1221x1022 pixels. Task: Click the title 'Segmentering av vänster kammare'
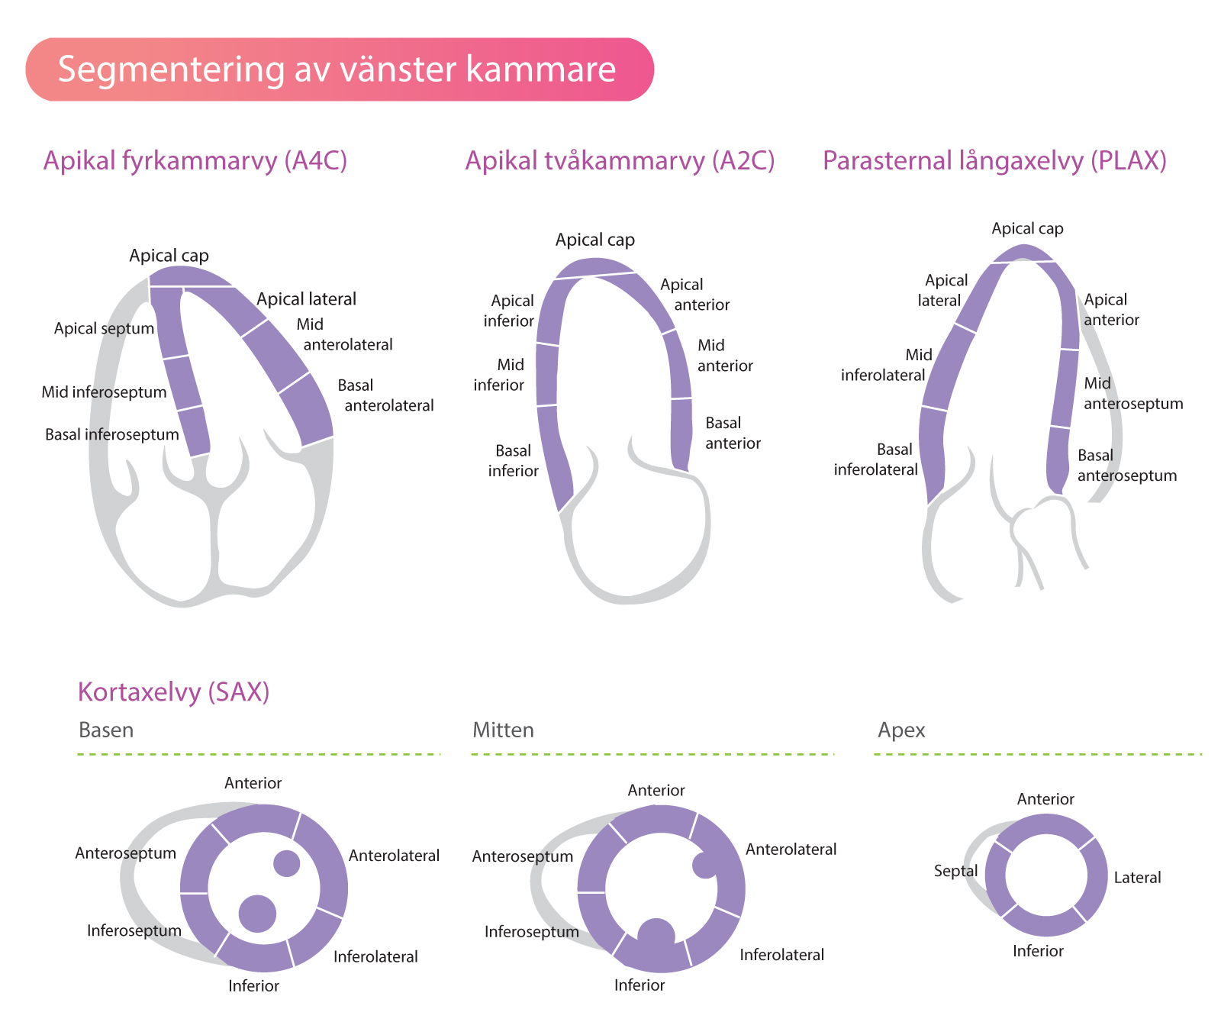click(x=337, y=69)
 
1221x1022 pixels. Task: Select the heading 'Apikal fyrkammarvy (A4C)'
click(x=195, y=161)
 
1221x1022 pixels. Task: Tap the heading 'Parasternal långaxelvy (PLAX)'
click(x=994, y=161)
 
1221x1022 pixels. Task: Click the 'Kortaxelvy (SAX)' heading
click(x=174, y=692)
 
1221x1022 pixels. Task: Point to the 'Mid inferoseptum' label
click(x=104, y=392)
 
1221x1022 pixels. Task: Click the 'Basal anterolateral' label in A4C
click(x=385, y=395)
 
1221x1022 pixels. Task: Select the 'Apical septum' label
click(x=104, y=329)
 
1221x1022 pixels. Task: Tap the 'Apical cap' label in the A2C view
click(x=595, y=240)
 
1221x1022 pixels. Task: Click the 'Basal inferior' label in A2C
click(x=513, y=461)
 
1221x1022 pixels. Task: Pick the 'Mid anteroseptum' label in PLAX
click(x=1133, y=394)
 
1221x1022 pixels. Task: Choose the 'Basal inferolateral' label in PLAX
click(x=876, y=459)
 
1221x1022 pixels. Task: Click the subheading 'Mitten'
click(x=503, y=730)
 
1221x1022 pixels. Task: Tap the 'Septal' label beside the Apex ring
click(x=955, y=871)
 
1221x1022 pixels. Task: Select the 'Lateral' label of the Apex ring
click(x=1137, y=878)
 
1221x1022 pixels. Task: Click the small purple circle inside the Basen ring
click(x=287, y=863)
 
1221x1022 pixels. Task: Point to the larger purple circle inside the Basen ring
click(x=257, y=914)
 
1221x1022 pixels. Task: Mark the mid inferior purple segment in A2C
click(x=547, y=375)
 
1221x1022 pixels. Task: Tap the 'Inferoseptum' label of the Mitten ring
click(x=532, y=932)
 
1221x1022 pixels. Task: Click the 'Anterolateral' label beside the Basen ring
click(x=394, y=856)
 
